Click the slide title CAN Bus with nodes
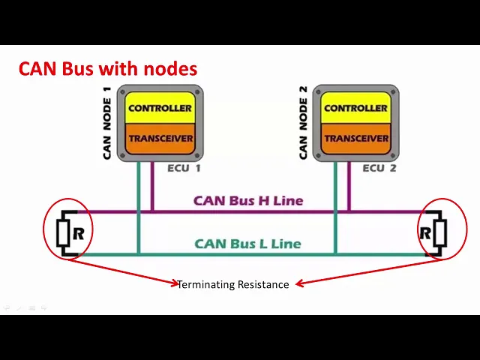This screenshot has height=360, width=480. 108,69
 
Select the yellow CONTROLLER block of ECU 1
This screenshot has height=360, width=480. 160,108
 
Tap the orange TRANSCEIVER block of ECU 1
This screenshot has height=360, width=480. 160,138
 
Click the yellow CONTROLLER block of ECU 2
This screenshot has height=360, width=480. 356,108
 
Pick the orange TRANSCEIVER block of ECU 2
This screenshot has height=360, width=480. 356,138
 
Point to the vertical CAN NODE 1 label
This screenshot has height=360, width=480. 107,122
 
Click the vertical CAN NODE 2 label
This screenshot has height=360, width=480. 304,122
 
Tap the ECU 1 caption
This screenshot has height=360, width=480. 184,168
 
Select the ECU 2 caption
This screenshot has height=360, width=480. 379,168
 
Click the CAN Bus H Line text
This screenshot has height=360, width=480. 248,200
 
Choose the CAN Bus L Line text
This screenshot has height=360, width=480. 247,244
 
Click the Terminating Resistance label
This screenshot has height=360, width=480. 233,284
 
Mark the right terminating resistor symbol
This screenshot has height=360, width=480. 439,233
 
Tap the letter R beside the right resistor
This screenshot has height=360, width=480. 425,233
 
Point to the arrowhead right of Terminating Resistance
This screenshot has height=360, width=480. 298,283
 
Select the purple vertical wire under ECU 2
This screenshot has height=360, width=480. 349,187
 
